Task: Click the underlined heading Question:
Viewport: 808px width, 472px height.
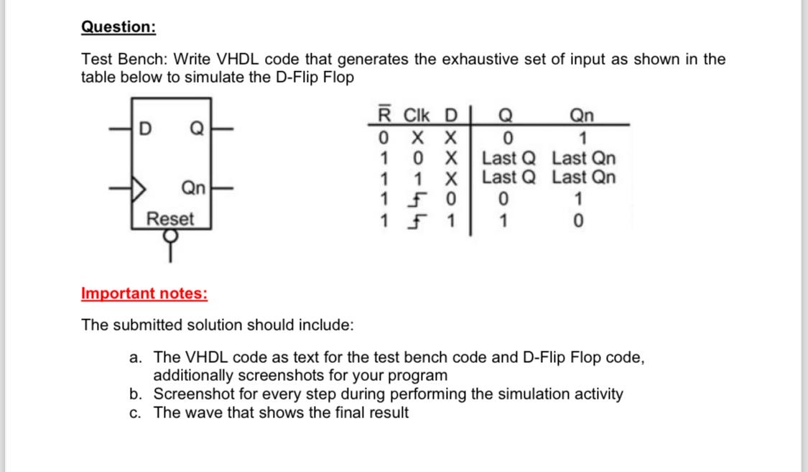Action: tap(118, 27)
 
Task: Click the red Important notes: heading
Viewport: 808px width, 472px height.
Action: tap(144, 293)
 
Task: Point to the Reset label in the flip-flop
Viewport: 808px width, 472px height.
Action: tap(170, 218)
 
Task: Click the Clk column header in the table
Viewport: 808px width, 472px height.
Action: tap(417, 115)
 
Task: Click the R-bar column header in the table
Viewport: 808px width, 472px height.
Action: tap(385, 115)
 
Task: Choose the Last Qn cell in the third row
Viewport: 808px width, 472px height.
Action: tap(583, 177)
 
